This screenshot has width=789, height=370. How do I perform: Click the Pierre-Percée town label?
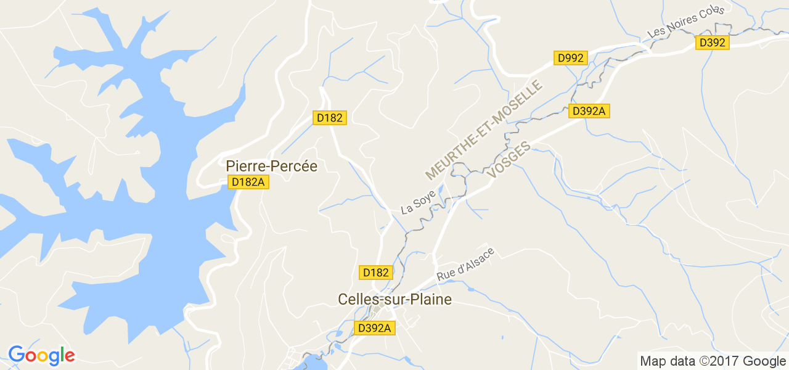click(x=271, y=166)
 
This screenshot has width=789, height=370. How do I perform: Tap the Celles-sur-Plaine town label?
click(x=394, y=299)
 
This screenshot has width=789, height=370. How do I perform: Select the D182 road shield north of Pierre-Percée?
click(x=330, y=118)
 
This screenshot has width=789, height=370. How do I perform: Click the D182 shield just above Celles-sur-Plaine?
click(x=375, y=273)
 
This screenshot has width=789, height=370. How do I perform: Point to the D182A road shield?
click(x=248, y=182)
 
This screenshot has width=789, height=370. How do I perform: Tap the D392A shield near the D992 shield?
click(x=590, y=111)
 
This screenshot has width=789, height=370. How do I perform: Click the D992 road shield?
click(x=570, y=58)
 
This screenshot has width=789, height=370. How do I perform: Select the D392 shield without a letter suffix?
click(x=712, y=43)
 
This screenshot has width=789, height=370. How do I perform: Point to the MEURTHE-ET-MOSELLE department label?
click(x=484, y=129)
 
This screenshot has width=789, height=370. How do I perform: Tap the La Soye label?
click(x=418, y=202)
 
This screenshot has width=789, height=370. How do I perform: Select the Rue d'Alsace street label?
click(x=465, y=265)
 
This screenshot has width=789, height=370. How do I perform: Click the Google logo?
click(x=41, y=355)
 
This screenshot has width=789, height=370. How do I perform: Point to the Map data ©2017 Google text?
click(x=713, y=361)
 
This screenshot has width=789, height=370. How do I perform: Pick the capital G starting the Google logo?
click(x=17, y=355)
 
